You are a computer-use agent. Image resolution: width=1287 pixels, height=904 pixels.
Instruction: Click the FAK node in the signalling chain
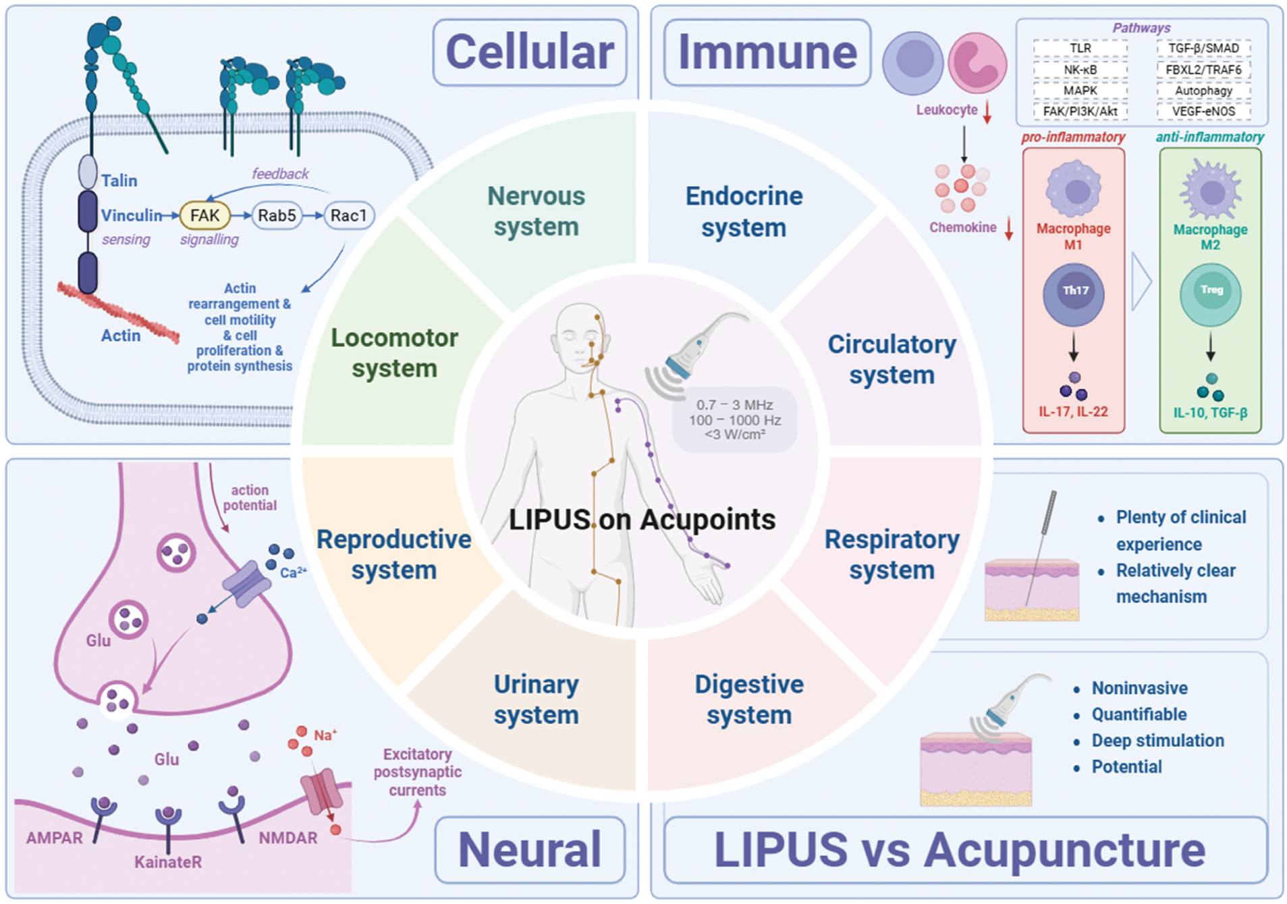coord(204,215)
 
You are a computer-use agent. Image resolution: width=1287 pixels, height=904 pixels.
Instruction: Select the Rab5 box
coord(277,215)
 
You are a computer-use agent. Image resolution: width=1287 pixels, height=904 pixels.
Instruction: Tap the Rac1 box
coord(349,215)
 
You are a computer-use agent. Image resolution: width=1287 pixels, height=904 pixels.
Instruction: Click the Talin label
coord(119,180)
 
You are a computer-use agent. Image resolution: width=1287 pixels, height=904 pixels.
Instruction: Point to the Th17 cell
coord(1073,294)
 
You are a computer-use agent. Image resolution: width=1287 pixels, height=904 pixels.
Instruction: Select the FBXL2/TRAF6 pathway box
coord(1203,70)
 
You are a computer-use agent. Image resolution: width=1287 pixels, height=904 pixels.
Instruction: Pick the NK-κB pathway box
coord(1080,70)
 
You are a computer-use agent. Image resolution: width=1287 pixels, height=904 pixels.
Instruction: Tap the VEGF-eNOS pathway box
coord(1203,111)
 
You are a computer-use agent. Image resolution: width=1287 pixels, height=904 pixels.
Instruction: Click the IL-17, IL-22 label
coord(1073,412)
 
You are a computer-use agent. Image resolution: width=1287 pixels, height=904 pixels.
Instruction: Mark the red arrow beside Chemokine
coord(1009,228)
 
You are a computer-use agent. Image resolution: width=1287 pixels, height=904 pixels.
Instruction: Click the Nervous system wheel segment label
coord(536,211)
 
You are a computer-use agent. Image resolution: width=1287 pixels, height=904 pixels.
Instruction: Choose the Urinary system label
coord(536,699)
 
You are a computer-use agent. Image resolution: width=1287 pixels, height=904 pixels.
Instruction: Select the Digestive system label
coord(749,699)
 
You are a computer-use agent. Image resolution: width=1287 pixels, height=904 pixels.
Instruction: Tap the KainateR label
coord(168,862)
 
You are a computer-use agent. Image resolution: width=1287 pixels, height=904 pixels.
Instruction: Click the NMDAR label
coord(288,838)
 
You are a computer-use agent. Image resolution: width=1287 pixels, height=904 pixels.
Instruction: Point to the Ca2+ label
coord(293,573)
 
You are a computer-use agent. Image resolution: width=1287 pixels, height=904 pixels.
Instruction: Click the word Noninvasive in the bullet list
coord(1140,688)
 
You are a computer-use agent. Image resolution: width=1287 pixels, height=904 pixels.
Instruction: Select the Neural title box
coord(530,850)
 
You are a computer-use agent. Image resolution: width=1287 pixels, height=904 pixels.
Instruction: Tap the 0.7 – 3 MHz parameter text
coord(734,405)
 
